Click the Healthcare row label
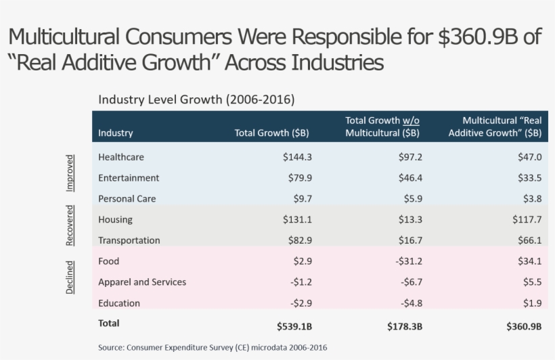pos(121,157)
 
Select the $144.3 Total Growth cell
pos(297,157)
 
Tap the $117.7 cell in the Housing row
pos(527,219)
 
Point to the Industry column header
pos(116,133)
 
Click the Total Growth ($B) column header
pos(271,133)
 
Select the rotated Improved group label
pos(70,173)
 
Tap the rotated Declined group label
pos(70,276)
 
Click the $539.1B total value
pos(294,326)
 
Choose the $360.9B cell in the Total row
pos(524,326)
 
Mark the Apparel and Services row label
pos(142,282)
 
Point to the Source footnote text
pos(213,347)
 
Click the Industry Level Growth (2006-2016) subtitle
pos(196,99)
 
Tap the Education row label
pos(119,303)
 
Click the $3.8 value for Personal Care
pos(532,199)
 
